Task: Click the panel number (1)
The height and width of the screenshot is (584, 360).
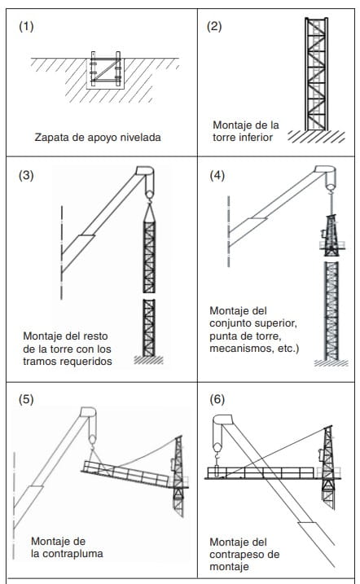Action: click(26, 27)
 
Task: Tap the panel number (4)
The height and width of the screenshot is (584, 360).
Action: click(217, 175)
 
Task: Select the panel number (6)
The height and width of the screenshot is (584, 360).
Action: click(217, 399)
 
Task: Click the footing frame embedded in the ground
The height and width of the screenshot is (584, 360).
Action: click(106, 69)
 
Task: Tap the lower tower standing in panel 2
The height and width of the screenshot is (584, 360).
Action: click(316, 74)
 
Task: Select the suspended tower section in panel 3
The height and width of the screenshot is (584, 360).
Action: click(149, 257)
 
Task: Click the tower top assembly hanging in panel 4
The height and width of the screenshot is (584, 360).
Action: click(331, 235)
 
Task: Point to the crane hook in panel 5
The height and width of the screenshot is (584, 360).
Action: click(92, 440)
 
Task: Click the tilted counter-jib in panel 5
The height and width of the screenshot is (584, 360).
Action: click(125, 473)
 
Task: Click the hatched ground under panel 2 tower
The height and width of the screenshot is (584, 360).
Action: click(316, 137)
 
